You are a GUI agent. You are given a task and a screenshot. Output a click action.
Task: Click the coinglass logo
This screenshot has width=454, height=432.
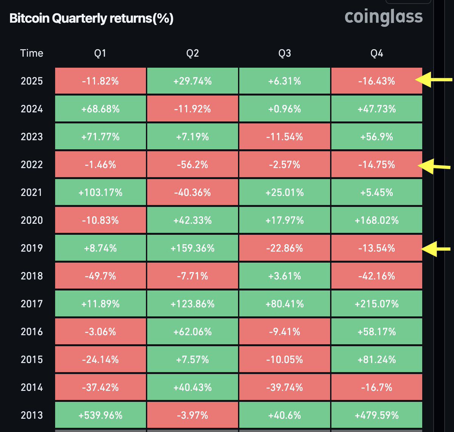pos(384,17)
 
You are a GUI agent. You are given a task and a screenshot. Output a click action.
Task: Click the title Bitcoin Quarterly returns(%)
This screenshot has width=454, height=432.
pos(91,19)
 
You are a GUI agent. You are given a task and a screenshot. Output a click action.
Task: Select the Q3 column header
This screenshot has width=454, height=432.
pos(285,53)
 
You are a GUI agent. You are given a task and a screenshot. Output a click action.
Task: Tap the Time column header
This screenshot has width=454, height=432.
pos(32,53)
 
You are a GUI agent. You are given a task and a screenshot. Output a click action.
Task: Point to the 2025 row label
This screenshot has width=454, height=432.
pos(32,81)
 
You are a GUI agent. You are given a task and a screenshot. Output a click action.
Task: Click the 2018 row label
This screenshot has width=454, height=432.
pos(32,276)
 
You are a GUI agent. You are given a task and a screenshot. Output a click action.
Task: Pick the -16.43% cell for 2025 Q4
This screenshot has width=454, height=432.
pos(376,81)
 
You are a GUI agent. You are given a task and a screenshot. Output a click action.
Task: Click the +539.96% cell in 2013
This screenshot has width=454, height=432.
pos(100,415)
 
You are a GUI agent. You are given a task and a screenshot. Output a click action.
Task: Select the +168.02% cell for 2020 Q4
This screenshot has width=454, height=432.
pos(376,220)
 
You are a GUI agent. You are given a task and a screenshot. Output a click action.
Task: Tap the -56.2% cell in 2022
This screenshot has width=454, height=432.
pos(192,164)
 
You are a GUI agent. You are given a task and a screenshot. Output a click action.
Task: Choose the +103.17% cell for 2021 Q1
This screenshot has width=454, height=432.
pos(100,192)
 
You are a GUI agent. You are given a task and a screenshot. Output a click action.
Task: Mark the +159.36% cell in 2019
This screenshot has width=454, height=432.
pos(192,248)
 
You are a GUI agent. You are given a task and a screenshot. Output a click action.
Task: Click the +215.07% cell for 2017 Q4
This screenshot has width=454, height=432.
pos(376,304)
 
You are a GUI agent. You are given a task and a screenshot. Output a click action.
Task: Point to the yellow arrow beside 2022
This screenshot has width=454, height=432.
pos(435,166)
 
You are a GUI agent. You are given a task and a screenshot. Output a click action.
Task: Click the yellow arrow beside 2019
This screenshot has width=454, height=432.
pos(436,249)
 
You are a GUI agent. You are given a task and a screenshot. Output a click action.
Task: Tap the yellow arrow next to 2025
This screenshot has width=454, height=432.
pos(434,80)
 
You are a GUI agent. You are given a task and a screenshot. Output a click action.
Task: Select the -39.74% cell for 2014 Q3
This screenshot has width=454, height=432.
pos(285,387)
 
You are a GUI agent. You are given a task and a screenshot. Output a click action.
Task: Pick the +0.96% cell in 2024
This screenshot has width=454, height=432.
pos(285,109)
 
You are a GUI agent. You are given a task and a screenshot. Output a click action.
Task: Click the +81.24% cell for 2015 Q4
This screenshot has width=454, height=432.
pos(376,359)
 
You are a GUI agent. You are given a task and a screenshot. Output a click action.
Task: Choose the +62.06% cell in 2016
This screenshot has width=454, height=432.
pos(192,332)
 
